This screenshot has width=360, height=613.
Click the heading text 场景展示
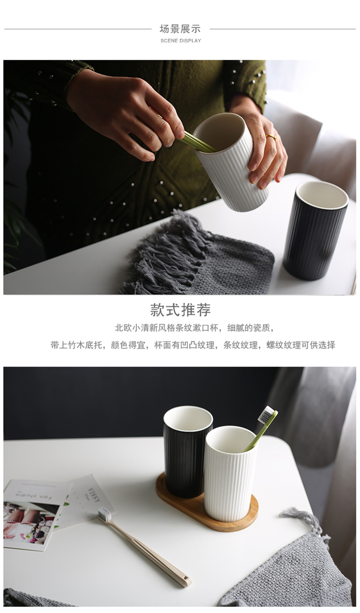pos(180,29)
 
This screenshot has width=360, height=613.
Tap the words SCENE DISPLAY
pos(180,41)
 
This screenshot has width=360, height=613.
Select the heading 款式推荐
pos(180,310)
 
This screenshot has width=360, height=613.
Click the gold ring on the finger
pos(271,137)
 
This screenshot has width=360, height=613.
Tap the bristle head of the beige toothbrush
pos(105,514)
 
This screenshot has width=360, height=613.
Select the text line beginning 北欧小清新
pos(195,328)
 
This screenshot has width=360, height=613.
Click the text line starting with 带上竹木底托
pos(193,345)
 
